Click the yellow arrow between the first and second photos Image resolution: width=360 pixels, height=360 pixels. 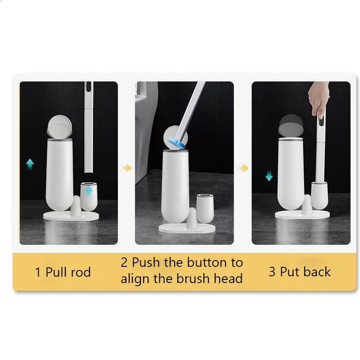point(127,168)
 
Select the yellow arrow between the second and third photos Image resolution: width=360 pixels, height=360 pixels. point(243,168)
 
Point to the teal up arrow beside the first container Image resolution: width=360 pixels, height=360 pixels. point(30,164)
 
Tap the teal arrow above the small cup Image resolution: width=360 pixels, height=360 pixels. point(89,190)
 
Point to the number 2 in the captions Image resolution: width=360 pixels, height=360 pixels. point(124,262)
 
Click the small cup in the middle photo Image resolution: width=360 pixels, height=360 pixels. point(205,208)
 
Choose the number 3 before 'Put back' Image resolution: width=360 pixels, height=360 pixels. point(272,272)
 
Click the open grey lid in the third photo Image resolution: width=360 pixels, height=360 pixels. point(290,124)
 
